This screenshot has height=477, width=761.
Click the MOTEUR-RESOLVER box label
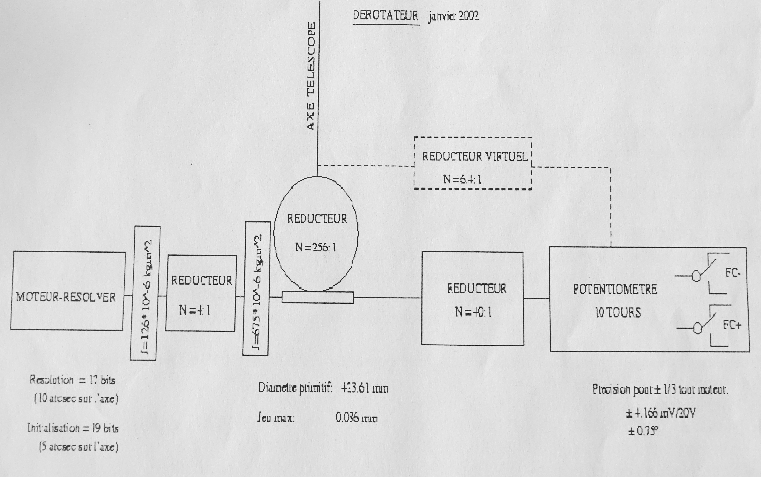click(x=66, y=297)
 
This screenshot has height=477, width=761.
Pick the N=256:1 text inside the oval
click(x=316, y=247)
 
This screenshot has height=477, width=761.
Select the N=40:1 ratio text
click(x=473, y=312)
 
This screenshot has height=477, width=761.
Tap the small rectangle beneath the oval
click(x=318, y=298)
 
